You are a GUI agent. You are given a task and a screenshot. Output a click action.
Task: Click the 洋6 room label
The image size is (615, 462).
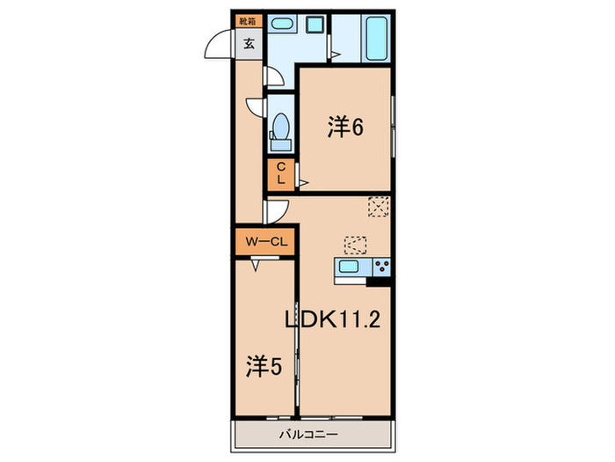pos(345,128)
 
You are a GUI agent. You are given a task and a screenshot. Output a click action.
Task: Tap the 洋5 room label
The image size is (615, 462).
pos(263,365)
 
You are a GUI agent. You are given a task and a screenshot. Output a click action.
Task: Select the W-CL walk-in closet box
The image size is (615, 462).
pos(263,240)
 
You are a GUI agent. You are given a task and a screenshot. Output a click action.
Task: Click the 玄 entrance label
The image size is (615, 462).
pos(249,43)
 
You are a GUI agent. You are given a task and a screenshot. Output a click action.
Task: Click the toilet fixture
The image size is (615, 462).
pos(282,128)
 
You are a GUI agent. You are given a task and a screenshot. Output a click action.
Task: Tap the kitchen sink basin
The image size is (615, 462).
pos(349,268)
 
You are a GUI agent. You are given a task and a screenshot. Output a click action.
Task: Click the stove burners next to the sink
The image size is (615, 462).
pos(381,267)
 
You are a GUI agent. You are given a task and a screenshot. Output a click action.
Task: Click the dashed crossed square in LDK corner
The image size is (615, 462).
pos(379,206)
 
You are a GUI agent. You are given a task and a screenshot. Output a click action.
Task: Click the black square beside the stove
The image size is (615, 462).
pos(381,281)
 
